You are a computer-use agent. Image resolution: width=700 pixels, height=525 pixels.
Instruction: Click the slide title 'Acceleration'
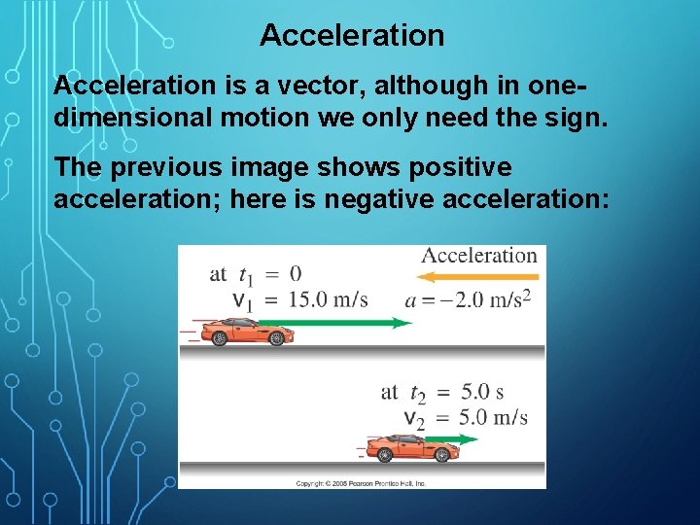coord(352,36)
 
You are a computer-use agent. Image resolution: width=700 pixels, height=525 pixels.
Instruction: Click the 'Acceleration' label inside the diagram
coord(478,256)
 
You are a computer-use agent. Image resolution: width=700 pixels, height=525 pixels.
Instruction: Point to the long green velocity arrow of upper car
coord(350,323)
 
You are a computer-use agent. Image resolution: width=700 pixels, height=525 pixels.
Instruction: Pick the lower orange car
coord(412,448)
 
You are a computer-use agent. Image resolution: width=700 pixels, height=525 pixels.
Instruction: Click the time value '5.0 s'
coord(482,392)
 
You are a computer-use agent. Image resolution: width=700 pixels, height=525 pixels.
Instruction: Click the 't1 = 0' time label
coord(256,273)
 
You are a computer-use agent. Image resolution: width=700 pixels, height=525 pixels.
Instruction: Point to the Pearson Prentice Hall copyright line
coord(361,483)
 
